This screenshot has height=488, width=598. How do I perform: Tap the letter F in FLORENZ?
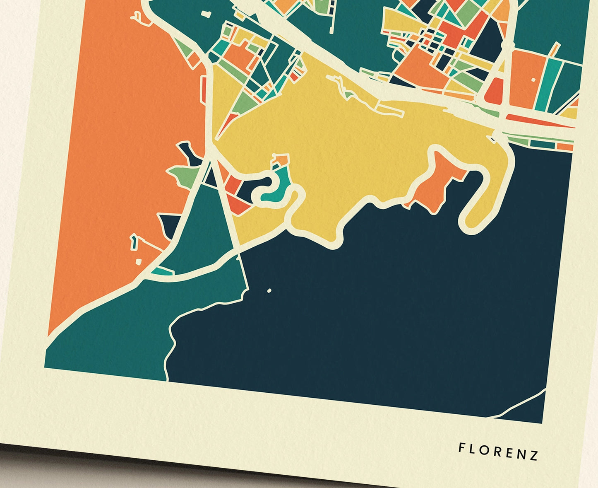pos(461,447)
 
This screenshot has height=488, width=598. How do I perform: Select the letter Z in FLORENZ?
pos(534,455)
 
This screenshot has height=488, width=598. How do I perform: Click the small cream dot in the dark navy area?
pos(269,291)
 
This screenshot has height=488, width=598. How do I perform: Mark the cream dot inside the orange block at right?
pos(533,80)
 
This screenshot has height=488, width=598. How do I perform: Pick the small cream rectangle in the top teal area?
pos(205,13)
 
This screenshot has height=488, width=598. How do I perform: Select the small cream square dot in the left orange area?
pos(138,261)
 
